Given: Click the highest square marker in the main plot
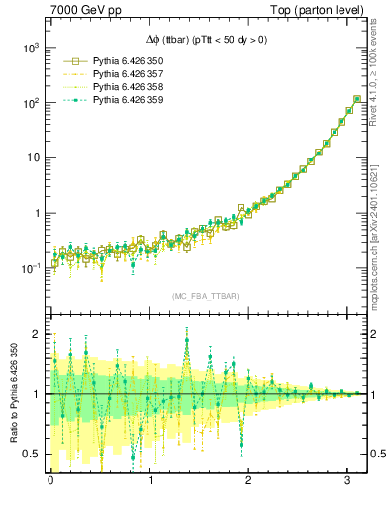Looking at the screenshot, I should pos(356,99).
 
